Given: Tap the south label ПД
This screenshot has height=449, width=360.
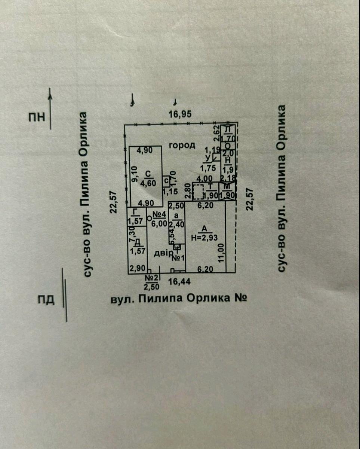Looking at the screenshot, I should pos(46,300).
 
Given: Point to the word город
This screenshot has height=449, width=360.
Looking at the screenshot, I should pos(182,145).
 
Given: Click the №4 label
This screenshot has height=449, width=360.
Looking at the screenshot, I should pos(160,215).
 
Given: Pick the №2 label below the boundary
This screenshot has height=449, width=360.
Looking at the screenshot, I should pos(152,278).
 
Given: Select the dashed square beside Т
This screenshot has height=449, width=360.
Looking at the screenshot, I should pos(198,192).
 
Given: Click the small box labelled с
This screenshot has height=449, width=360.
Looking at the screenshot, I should pos(166,180).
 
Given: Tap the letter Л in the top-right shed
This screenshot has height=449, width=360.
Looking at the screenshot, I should pos(228,129).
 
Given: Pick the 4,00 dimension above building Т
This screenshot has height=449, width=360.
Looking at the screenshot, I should pos(204,178).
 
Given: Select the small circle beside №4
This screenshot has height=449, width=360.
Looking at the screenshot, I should pos(150,217).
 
